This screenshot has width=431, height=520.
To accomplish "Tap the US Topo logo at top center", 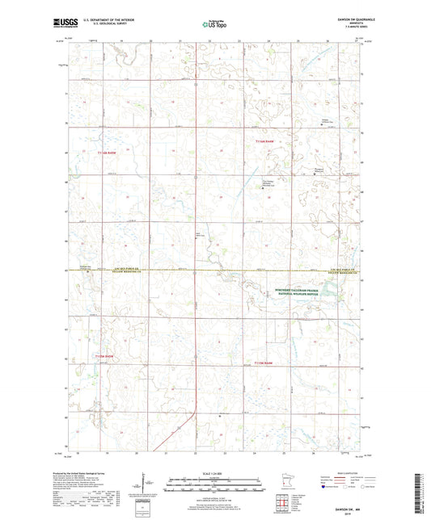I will click(213, 26).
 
